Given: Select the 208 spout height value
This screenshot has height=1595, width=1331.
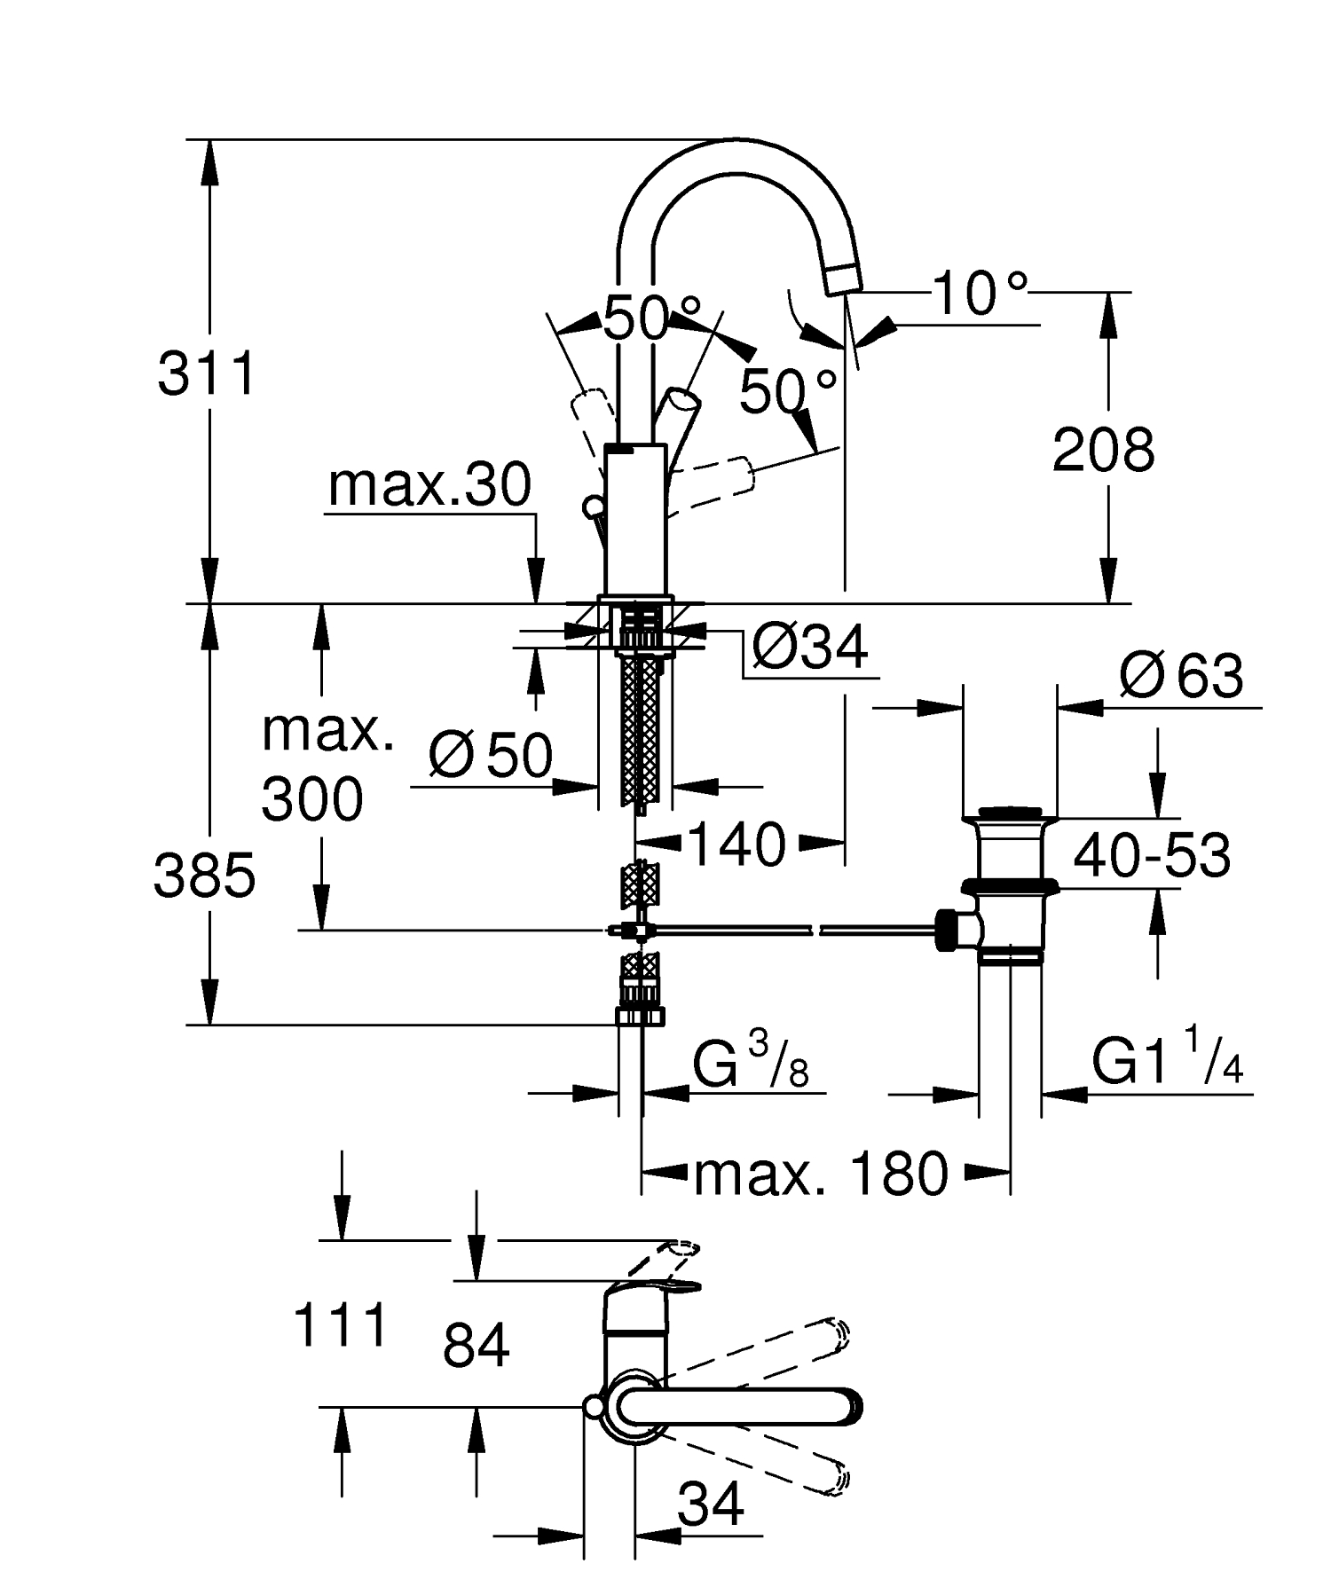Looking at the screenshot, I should (1103, 450).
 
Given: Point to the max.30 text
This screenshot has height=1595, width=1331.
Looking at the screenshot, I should (429, 485).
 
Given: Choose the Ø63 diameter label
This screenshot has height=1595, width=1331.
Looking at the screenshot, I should (1181, 677).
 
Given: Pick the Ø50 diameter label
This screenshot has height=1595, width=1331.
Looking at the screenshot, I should (491, 756).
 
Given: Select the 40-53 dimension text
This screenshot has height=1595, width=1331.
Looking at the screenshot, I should (1152, 856).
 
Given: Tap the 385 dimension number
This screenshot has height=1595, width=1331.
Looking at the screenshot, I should (204, 876).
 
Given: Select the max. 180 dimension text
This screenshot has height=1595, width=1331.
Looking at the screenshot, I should (821, 1175).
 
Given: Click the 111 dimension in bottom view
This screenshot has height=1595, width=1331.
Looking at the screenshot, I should (341, 1326).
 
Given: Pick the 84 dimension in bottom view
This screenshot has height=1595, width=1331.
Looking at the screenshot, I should (476, 1345).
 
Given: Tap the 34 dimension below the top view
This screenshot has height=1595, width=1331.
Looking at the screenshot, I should (711, 1504).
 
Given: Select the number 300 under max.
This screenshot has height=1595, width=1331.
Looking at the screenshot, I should (312, 798).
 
